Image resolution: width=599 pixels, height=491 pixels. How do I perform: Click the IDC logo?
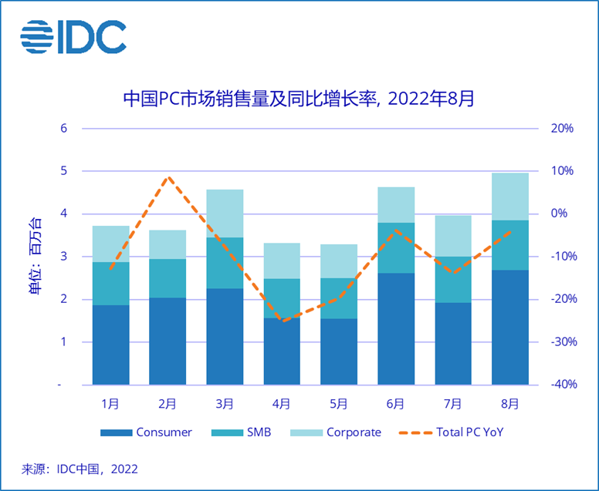[x=73, y=37]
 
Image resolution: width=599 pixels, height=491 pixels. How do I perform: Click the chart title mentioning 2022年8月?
[x=299, y=99]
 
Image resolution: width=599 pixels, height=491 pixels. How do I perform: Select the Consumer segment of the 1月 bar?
[x=111, y=345]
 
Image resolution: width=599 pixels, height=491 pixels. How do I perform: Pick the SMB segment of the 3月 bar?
[x=225, y=263]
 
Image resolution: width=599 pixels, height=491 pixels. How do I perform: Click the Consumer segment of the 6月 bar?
[x=396, y=328]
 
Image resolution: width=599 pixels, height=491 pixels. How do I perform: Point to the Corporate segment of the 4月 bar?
[x=282, y=261]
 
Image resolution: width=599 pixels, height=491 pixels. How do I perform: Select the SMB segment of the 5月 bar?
[x=339, y=298]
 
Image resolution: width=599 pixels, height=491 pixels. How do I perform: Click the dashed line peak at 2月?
[x=168, y=177]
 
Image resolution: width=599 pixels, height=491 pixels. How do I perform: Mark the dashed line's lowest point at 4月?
[x=282, y=321]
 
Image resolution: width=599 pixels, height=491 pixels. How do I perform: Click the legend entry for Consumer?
[x=147, y=432]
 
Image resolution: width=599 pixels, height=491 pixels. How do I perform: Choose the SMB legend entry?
[x=246, y=432]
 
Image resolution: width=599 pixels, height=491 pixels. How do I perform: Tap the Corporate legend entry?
[x=337, y=432]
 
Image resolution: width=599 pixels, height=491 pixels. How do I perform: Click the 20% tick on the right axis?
[x=561, y=128]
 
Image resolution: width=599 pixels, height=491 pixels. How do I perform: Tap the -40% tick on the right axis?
[x=560, y=384]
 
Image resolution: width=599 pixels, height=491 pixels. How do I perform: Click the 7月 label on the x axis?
[x=453, y=403]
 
